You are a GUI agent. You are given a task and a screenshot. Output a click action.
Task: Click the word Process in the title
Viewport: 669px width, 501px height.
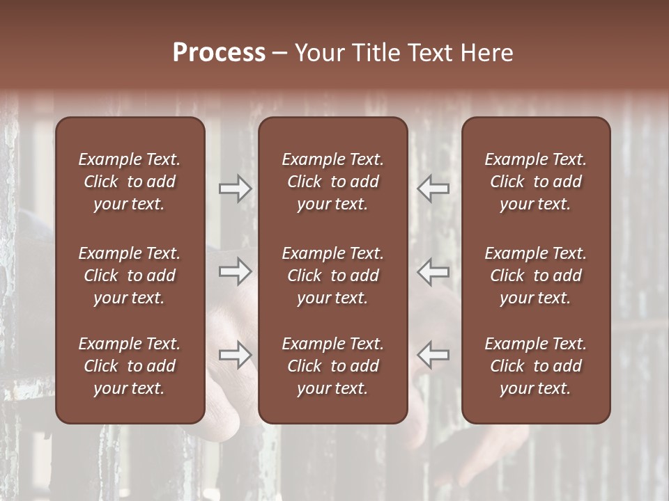219,52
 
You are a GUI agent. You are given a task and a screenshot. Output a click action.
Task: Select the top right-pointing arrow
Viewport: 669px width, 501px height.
236,189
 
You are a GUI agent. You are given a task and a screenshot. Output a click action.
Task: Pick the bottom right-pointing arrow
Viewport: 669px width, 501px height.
236,355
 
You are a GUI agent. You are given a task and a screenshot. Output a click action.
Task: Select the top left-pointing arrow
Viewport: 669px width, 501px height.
433,189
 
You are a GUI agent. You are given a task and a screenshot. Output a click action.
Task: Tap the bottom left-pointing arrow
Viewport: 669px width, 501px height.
433,355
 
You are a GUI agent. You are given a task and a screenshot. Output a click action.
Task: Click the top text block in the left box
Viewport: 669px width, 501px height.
130,182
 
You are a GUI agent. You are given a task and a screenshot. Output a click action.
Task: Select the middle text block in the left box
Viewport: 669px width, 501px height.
130,276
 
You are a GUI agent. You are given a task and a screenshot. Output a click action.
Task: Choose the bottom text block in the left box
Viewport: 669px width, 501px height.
130,366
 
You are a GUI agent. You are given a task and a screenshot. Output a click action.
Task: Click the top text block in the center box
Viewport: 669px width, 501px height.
332,182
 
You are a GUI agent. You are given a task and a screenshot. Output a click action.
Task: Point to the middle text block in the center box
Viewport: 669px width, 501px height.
332,276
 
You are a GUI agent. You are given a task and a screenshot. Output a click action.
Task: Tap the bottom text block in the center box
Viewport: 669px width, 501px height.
332,366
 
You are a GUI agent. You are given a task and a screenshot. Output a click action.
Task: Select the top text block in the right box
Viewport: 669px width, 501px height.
535,182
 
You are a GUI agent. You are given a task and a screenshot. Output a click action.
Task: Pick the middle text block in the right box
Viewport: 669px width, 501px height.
535,276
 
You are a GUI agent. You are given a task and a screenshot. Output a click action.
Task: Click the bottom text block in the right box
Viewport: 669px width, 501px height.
535,366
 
